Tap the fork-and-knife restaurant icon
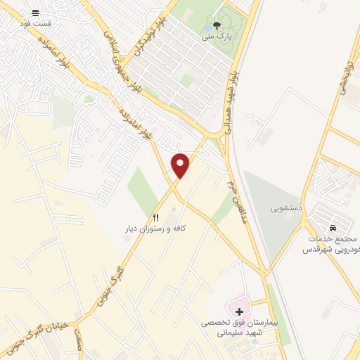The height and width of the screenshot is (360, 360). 156,217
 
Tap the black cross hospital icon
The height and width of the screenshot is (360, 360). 240,311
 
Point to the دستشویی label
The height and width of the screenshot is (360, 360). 287,209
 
